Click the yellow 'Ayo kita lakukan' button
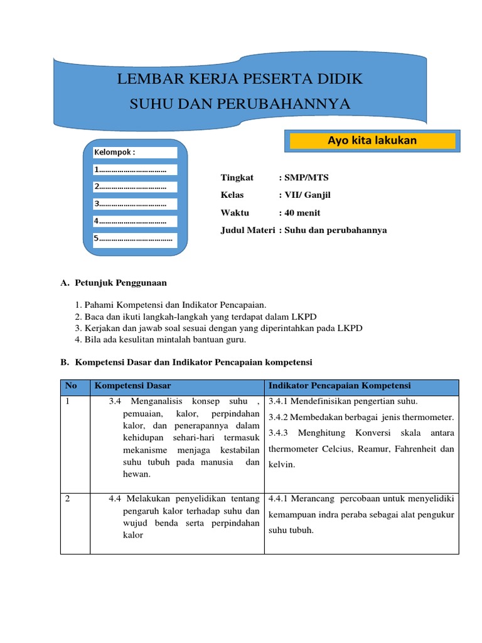point(372,141)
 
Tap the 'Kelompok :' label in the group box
point(115,152)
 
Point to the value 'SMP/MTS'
point(307,178)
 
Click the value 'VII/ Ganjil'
point(308,195)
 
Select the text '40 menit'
point(303,213)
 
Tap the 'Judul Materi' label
point(247,230)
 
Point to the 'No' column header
point(71,386)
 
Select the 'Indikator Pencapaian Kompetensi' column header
point(340,386)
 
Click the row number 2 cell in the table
point(69,499)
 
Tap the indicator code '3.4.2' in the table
point(277,418)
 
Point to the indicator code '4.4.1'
point(277,499)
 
